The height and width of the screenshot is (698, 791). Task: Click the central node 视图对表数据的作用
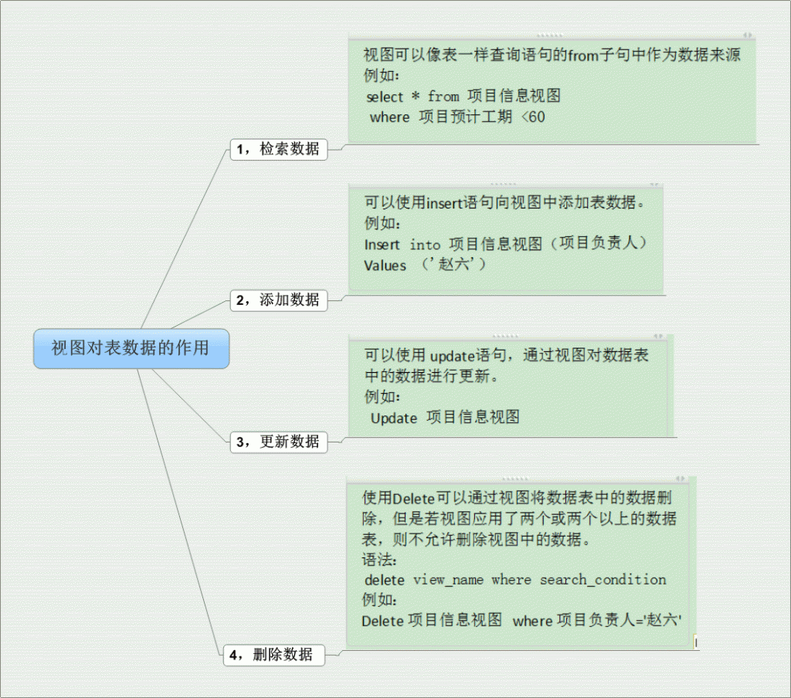coord(131,348)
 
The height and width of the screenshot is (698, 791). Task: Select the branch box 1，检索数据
coord(279,149)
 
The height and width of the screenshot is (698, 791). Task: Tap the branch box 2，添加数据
coord(279,300)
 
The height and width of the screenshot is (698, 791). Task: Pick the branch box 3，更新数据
coord(279,442)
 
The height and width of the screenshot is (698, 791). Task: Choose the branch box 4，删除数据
coord(274,655)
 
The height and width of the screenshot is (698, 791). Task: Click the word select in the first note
coord(385,97)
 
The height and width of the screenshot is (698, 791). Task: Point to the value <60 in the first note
coord(533,117)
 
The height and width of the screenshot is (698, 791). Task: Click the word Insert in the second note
coord(382,245)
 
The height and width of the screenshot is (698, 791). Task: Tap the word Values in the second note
coord(385,266)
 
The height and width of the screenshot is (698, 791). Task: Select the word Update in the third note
coord(394,418)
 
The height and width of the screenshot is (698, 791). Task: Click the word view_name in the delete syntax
coord(448,580)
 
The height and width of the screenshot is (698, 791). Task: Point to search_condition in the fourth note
coord(603,580)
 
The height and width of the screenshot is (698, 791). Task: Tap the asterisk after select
coord(415,96)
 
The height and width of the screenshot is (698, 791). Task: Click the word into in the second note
coord(425,245)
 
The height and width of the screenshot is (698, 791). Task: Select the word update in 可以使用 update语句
coord(453,357)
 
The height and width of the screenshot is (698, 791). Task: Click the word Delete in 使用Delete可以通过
coord(413,499)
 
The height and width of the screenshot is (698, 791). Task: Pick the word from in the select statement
coord(443,96)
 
